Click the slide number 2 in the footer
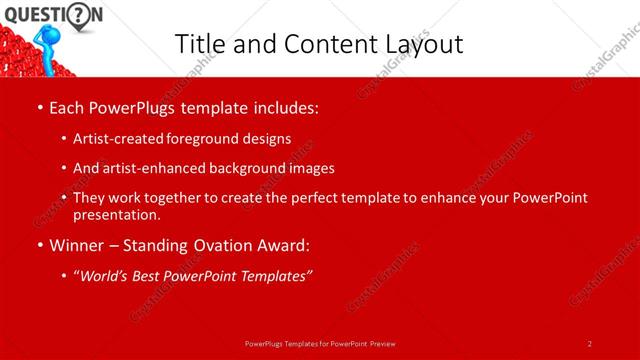[x=590, y=343]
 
